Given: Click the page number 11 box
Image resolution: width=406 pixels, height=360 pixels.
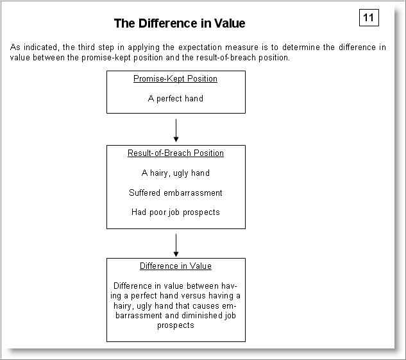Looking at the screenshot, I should coord(369,17).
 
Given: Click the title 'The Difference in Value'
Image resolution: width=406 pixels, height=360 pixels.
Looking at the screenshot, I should coord(179,24).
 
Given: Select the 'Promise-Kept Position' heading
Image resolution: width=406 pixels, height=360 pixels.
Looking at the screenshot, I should coord(175,79).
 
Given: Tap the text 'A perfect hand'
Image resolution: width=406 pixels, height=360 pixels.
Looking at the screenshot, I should coord(175,99).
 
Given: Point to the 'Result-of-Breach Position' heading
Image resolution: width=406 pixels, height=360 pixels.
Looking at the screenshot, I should coord(175,153).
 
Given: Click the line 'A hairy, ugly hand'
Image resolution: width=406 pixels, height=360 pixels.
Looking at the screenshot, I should coord(175,173).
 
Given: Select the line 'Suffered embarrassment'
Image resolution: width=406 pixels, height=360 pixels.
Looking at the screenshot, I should coord(175,193).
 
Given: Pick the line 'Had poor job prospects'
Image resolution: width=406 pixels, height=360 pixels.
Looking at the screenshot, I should coord(175,212).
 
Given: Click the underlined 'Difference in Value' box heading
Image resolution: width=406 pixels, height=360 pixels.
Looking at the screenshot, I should coord(175,266).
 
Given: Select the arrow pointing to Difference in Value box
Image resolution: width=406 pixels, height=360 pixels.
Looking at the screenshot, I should coord(176,244).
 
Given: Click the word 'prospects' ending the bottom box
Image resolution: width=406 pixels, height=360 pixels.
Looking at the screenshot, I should coord(175,325).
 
